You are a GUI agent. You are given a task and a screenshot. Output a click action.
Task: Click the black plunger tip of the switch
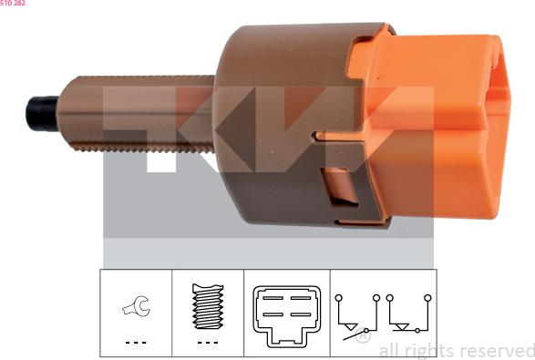(42, 114)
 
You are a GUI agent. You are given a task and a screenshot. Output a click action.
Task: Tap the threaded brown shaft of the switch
(137, 114)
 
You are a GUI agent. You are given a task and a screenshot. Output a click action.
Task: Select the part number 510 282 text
(13, 3)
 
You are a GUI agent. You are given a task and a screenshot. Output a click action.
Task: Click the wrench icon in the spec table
(137, 306)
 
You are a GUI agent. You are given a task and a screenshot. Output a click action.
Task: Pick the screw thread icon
(208, 306)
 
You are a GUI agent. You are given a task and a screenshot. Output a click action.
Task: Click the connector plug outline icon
(286, 316)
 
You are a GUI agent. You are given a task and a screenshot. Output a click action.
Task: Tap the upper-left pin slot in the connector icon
(273, 298)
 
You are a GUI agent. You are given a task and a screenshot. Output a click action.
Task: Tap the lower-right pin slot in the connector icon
(301, 314)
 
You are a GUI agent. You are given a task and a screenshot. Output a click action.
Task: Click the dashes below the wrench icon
(136, 343)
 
